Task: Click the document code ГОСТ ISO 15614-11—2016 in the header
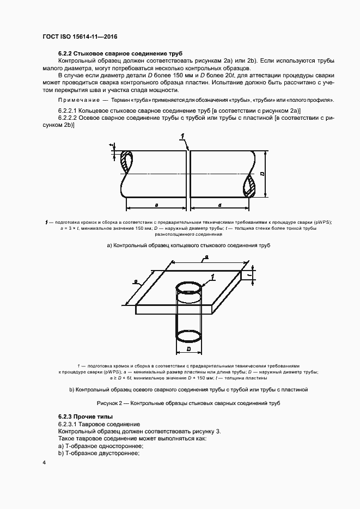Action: pos(80,36)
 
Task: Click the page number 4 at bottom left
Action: pos(44,462)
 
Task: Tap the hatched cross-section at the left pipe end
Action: pos(127,162)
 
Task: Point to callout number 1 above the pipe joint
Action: pos(184,136)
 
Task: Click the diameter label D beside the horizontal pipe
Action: pos(262,174)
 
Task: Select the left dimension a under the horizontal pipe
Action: pos(156,205)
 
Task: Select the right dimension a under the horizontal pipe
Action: pos(219,205)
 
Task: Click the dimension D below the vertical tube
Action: pos(187,348)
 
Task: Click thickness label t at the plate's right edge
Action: pos(248,275)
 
